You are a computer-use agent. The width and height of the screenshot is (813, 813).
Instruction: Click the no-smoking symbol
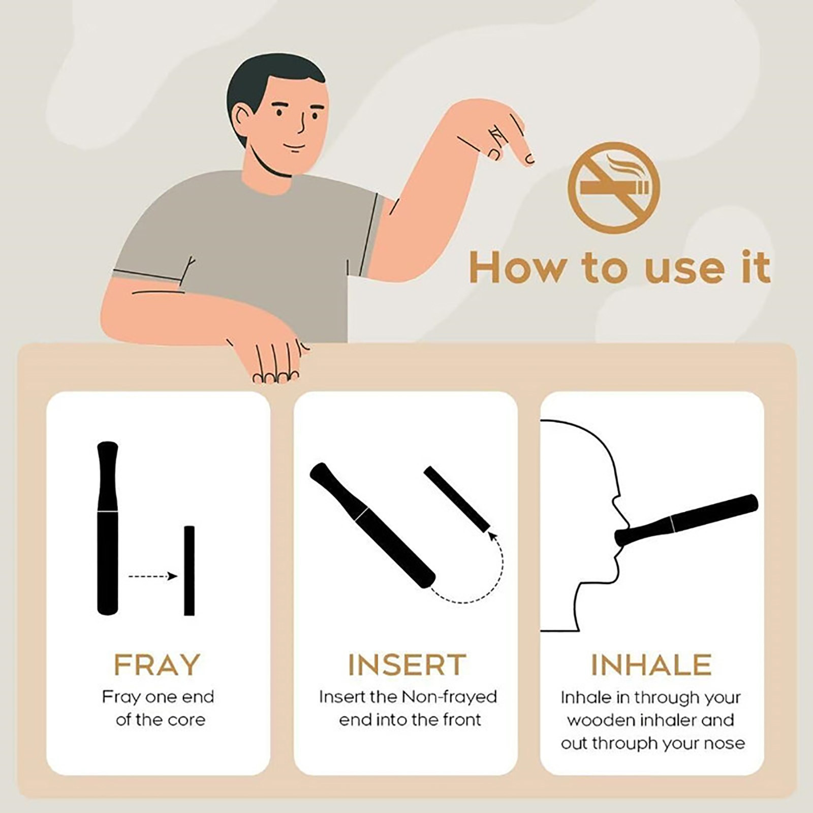click(614, 188)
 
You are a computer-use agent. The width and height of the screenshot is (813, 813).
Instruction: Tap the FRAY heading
click(157, 665)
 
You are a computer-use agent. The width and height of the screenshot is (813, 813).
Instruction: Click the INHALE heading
click(652, 665)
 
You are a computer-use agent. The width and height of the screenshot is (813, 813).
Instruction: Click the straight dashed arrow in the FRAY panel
click(153, 576)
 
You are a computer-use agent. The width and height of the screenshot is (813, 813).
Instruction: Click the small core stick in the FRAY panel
click(189, 571)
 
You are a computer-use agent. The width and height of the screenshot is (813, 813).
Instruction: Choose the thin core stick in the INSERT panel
click(457, 498)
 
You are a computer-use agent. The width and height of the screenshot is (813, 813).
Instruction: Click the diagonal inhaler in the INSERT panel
click(372, 525)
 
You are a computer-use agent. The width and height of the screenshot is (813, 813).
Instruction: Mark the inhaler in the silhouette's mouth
click(686, 521)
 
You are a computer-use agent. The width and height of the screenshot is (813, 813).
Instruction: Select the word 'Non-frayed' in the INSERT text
click(449, 697)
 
